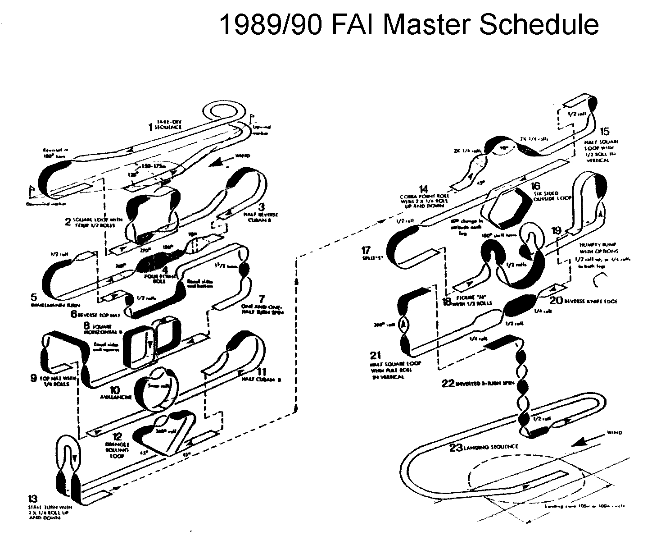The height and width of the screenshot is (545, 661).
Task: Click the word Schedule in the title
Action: click(538, 25)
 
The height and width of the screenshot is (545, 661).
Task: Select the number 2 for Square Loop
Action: click(68, 222)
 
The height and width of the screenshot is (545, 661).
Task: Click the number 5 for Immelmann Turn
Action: click(34, 297)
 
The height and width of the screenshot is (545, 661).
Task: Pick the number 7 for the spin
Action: click(262, 298)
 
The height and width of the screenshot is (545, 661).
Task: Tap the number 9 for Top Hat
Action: click(33, 377)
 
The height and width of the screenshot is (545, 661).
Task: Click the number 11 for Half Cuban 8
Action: click(262, 372)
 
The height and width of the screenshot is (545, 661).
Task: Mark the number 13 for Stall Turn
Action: click(33, 499)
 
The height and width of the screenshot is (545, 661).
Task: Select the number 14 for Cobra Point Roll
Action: click(423, 189)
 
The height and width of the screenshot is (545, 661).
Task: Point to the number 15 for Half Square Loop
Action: click(605, 131)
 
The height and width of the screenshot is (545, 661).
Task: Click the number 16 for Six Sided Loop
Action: click(535, 186)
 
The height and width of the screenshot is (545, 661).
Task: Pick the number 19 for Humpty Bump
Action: click(557, 231)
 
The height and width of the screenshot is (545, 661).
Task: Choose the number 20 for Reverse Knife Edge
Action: click(556, 300)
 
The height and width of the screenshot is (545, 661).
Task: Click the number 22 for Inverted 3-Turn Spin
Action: click(448, 383)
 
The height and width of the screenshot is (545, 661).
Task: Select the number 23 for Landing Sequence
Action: click(456, 448)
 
